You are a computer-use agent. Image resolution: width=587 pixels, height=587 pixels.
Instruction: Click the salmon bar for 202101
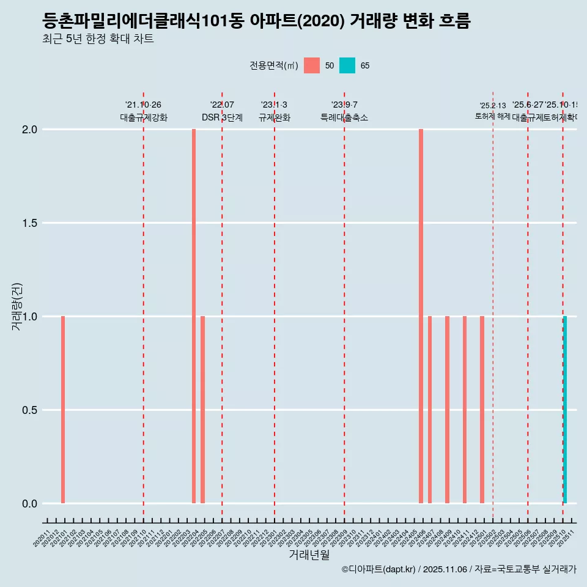tap(63, 410)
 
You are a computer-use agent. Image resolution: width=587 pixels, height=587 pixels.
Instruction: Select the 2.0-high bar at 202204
tap(194, 316)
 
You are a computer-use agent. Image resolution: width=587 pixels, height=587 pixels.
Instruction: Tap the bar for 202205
tap(202, 410)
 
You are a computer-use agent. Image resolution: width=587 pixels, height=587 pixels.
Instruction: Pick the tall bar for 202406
tap(421, 316)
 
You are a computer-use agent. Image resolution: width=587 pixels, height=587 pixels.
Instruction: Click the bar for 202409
tap(447, 410)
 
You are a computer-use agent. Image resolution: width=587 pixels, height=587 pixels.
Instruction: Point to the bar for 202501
tap(482, 410)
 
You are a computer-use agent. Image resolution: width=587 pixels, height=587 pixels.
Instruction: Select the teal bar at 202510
tap(565, 410)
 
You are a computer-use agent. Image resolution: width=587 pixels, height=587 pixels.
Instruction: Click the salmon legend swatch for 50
tap(312, 65)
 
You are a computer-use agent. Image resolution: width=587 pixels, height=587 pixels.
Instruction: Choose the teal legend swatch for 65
tap(347, 65)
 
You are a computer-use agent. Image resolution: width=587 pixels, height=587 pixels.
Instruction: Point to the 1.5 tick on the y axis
tap(30, 223)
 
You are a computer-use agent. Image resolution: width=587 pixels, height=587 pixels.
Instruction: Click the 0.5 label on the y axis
tap(30, 410)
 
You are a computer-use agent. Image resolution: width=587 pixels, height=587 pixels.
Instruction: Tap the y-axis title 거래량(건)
tap(17, 306)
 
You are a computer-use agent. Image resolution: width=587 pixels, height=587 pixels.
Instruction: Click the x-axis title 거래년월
tap(309, 555)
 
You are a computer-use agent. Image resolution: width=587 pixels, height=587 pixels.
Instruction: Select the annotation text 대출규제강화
tap(143, 117)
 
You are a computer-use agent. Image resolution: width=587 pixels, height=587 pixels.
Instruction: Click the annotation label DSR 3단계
tap(222, 117)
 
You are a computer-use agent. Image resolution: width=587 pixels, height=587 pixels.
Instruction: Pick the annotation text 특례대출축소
tap(344, 117)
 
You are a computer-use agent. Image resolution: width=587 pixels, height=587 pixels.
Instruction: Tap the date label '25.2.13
tap(493, 106)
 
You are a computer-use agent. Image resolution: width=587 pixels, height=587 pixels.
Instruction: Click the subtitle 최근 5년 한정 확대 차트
tap(98, 39)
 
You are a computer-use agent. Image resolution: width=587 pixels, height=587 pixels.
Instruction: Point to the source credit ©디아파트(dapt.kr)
tap(378, 570)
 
